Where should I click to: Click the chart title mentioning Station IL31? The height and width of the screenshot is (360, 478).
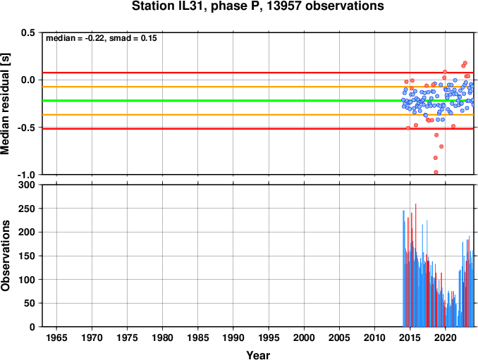pos(257,6)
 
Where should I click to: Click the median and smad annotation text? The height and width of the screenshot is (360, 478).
pos(102,38)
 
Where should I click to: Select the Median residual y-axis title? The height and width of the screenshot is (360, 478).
pos(5,104)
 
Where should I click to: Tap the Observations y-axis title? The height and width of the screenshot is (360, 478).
pos(5,256)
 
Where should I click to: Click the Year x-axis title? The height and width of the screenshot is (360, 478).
pos(258,355)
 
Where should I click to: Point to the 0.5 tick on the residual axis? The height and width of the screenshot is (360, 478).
pos(28,32)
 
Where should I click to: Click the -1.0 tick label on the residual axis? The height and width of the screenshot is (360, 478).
pos(27,175)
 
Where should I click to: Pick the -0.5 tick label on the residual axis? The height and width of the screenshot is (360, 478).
pos(27,128)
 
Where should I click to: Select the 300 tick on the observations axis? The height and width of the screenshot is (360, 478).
pos(27,185)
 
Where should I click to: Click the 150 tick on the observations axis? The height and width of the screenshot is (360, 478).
pos(27,256)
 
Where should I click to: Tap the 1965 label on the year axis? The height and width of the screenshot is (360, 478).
pos(56,337)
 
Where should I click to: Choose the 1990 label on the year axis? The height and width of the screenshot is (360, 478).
pos(233,337)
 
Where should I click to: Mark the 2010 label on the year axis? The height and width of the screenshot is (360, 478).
pos(374,337)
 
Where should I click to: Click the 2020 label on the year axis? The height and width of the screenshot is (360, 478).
pos(446,337)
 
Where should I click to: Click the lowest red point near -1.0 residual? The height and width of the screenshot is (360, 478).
pos(436,173)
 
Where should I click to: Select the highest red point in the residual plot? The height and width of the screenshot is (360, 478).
pos(465,63)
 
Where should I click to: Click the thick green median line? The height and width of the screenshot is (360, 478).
pos(258,101)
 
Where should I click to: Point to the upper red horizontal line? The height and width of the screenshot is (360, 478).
pos(258,73)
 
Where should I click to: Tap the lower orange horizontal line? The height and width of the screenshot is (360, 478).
pos(258,115)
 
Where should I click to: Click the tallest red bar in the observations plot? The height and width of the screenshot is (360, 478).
pos(415,265)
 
